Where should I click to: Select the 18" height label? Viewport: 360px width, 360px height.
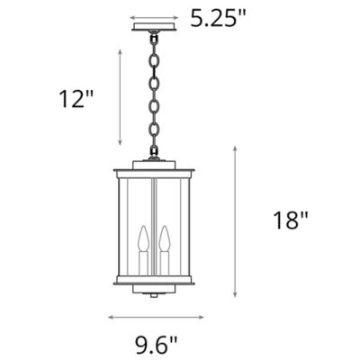[290, 219]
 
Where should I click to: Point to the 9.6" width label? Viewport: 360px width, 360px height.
[157, 343]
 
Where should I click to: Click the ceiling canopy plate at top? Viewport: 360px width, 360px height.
[154, 26]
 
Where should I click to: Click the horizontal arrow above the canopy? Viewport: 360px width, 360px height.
[154, 16]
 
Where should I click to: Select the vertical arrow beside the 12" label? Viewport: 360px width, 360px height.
[120, 97]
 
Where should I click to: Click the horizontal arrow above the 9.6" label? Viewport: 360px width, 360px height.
[153, 317]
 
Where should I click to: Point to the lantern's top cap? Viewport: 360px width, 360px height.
[154, 167]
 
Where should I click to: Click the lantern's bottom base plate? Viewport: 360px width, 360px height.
[154, 281]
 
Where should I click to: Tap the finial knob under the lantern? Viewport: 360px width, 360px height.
[154, 293]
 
